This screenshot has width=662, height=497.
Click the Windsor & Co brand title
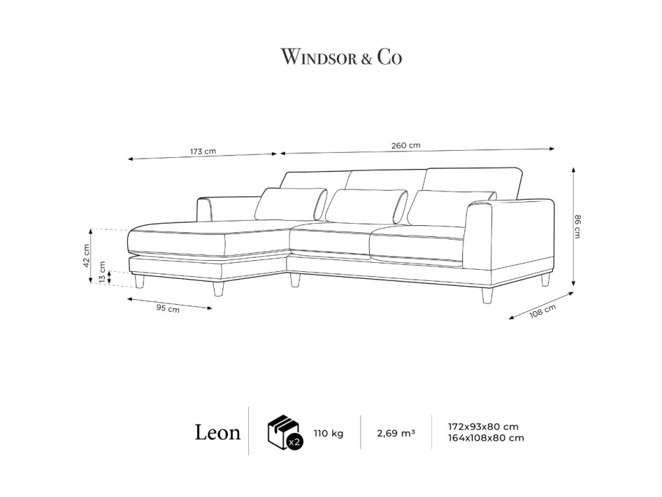click(341, 58)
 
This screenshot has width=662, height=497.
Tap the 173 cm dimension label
click(203, 151)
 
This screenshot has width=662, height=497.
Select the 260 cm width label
click(406, 146)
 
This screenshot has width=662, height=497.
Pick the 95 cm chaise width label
click(168, 308)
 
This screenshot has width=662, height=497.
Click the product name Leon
click(218, 432)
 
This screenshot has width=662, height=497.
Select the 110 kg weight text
click(328, 433)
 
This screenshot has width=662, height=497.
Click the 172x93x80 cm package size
click(483, 427)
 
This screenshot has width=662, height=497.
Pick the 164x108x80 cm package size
click(486, 438)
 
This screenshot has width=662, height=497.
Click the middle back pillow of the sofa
click(365, 206)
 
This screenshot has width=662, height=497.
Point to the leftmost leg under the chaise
click(139, 280)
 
